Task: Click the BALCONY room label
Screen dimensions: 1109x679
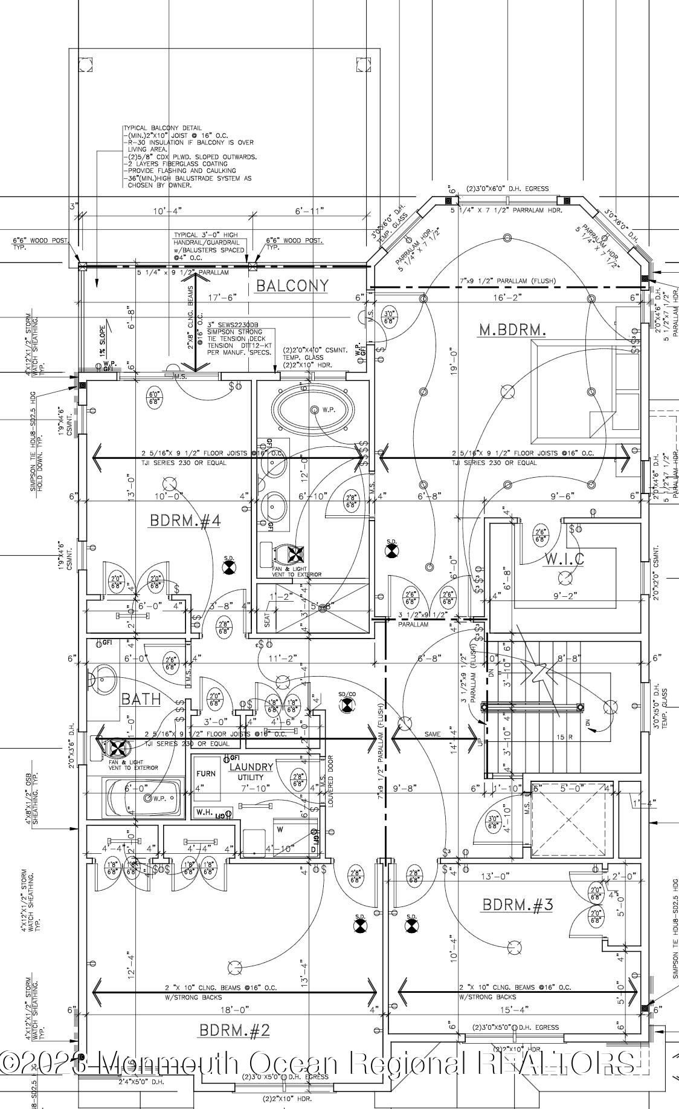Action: click(x=292, y=285)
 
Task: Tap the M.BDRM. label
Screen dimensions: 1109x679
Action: click(x=512, y=330)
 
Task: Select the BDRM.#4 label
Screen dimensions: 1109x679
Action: click(x=185, y=521)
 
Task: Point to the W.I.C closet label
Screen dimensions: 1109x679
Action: click(x=565, y=559)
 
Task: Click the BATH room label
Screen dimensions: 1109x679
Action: click(x=141, y=700)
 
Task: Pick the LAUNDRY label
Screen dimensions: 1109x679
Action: click(x=251, y=767)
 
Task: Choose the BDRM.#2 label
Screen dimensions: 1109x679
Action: click(x=234, y=1030)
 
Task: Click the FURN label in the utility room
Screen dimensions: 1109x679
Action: click(x=205, y=773)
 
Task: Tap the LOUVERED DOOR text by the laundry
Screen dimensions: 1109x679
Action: click(x=331, y=779)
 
